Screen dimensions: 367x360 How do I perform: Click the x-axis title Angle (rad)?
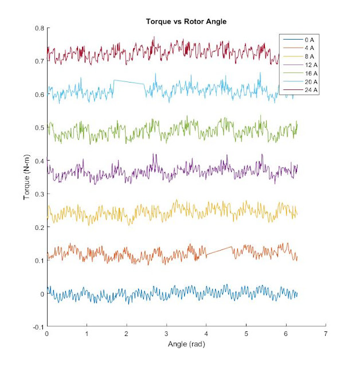coord(186,345)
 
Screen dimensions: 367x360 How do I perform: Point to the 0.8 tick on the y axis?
coord(40,28)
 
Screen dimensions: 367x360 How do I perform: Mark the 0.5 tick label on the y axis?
coord(40,128)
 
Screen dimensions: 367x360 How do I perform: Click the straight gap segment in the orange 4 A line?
coord(219,251)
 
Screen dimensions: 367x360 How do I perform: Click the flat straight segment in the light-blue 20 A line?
coord(129,82)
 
